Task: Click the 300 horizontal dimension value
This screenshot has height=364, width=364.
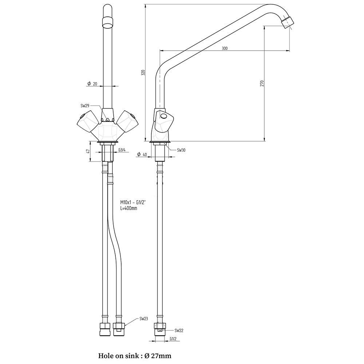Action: tap(225, 48)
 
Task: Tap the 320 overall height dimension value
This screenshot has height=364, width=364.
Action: tap(143, 72)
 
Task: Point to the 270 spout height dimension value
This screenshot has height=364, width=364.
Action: tap(262, 83)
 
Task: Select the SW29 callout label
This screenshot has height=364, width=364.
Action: tap(85, 106)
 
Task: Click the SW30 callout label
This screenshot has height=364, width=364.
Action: tap(181, 150)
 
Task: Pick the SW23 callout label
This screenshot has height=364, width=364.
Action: tap(144, 319)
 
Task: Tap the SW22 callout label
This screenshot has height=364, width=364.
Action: tap(179, 331)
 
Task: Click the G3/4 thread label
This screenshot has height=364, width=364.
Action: tap(122, 150)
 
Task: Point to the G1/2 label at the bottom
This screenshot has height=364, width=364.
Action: tap(173, 339)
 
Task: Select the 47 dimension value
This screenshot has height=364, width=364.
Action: tap(88, 151)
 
